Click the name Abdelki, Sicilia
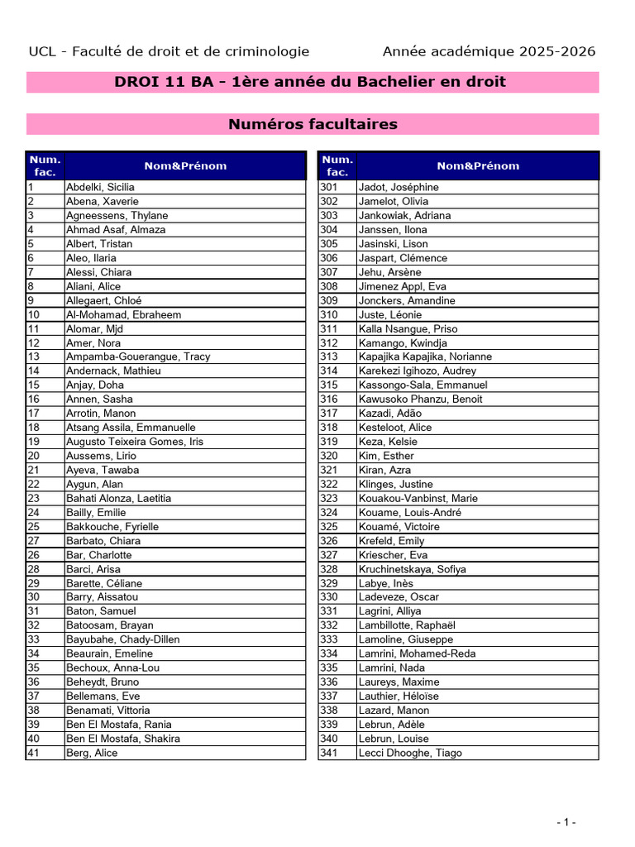(100, 187)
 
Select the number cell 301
(329, 187)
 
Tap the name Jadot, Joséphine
(399, 187)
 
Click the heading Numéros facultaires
(313, 124)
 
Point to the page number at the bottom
(566, 821)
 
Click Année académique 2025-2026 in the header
(489, 51)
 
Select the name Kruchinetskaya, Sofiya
(412, 569)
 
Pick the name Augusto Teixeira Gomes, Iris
(134, 442)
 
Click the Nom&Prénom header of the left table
(185, 165)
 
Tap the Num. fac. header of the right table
(337, 165)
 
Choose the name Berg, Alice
(92, 753)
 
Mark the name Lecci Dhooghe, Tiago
(410, 753)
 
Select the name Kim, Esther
(386, 456)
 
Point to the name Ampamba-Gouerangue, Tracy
(138, 357)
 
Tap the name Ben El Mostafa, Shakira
(123, 739)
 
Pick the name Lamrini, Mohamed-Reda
(418, 653)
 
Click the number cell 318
(329, 428)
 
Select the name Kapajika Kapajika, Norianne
(425, 357)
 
